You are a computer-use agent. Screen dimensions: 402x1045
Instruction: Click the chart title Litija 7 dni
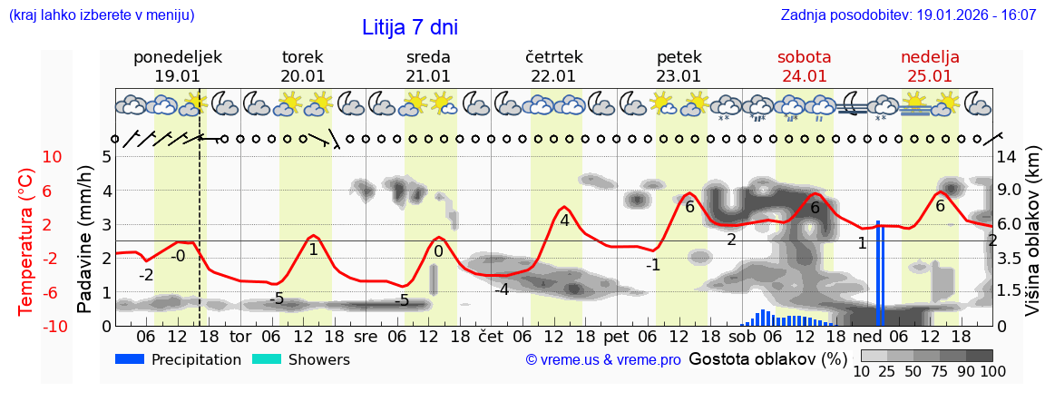[x=410, y=27]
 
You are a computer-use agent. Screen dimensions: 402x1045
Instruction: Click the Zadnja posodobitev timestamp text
[x=908, y=15]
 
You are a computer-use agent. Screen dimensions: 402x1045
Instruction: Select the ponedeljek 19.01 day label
[x=177, y=66]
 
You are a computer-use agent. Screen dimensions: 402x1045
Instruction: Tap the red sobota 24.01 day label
[x=804, y=66]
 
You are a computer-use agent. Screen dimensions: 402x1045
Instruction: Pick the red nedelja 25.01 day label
[x=930, y=66]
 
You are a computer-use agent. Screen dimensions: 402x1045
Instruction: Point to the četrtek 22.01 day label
[x=553, y=66]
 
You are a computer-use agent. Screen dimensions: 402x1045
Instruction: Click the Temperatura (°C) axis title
[x=26, y=241]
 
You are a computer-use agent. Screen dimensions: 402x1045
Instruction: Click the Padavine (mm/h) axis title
[x=85, y=240]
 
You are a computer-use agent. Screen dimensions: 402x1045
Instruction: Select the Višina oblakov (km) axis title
[x=1032, y=240]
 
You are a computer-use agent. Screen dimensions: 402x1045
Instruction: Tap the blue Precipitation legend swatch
[x=130, y=359]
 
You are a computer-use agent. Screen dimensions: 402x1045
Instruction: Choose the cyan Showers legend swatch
[x=266, y=359]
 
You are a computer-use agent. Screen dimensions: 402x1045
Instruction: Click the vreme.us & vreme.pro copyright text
[x=603, y=360]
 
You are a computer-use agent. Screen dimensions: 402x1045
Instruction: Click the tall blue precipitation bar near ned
[x=879, y=272]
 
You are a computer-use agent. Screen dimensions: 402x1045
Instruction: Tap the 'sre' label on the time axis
[x=366, y=336]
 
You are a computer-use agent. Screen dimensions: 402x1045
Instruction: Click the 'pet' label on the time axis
[x=616, y=336]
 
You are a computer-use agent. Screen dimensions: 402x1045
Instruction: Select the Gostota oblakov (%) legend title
[x=760, y=358]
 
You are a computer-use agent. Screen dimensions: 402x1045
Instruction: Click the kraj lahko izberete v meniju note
[x=101, y=15]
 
